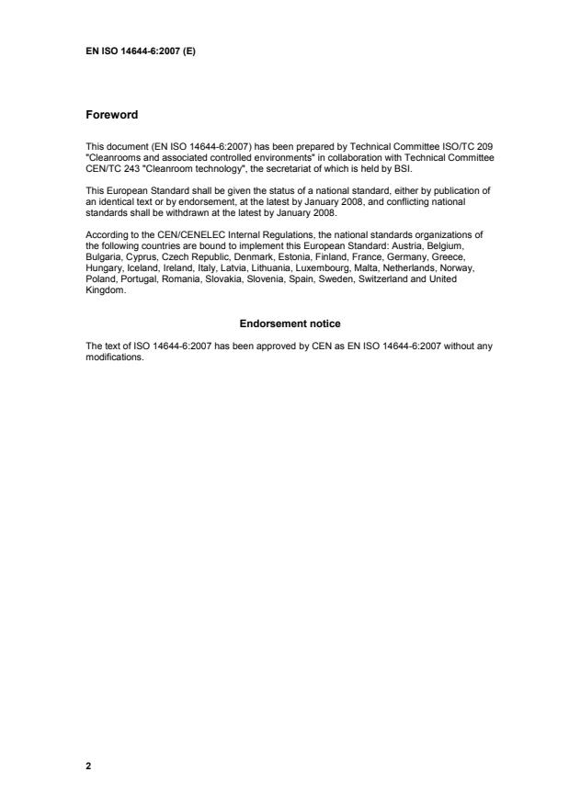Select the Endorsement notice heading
point(290,324)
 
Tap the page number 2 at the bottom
point(88,765)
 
